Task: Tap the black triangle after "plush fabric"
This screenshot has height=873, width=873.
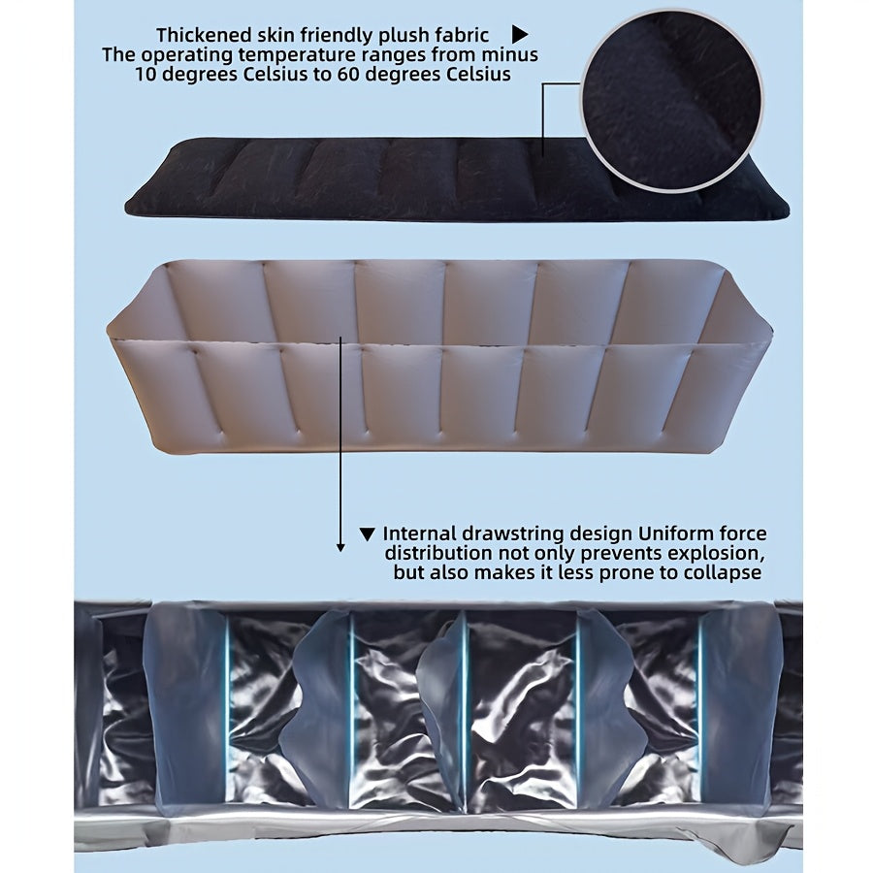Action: point(520,35)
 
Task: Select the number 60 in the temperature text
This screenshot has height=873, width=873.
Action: point(347,74)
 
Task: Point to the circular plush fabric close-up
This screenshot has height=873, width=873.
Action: point(672,102)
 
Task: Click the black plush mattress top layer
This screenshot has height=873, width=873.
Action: point(457,178)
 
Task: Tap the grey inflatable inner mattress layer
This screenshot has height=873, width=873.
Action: point(439,356)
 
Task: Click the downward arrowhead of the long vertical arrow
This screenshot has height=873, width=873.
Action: point(340,547)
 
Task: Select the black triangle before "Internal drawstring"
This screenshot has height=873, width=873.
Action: point(367,534)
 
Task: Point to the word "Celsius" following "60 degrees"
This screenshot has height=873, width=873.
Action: point(479,74)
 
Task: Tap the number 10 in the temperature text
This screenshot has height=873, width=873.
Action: point(145,74)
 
